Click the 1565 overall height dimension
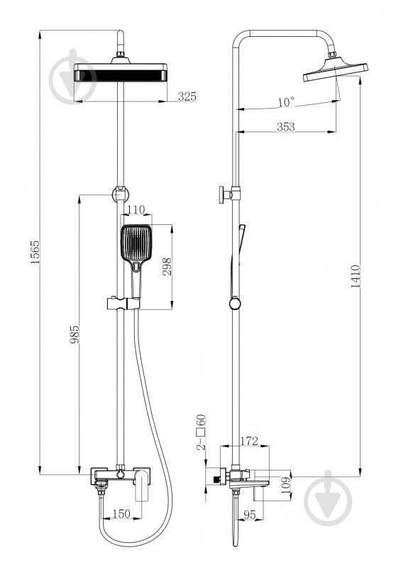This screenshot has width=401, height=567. pos(35,252)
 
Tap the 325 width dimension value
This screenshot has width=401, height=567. pos(187,97)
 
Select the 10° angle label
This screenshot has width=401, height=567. pos(286,102)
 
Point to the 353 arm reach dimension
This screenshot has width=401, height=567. pos(286,126)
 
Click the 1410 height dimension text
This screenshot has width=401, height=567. pos(356,276)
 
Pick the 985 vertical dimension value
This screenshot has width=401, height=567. pos(75,334)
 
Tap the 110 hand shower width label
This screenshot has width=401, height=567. pos(136,209)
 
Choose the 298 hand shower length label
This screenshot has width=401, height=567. pos(167,267)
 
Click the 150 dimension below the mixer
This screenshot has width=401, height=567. pos(121,514)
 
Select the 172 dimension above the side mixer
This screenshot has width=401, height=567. pos(250,441)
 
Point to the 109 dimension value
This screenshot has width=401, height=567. pos(286,485)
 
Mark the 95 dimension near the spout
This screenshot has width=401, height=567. pos(249,514)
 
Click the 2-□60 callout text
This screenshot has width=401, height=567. pos(201,431)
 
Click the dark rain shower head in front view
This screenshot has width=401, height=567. pos(121,72)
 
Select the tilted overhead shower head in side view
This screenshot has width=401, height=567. pos(335,71)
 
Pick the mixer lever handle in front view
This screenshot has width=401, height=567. pos(142,484)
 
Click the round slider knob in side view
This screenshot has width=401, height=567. pos(235,303)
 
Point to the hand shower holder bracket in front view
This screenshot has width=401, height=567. pos(123,304)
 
